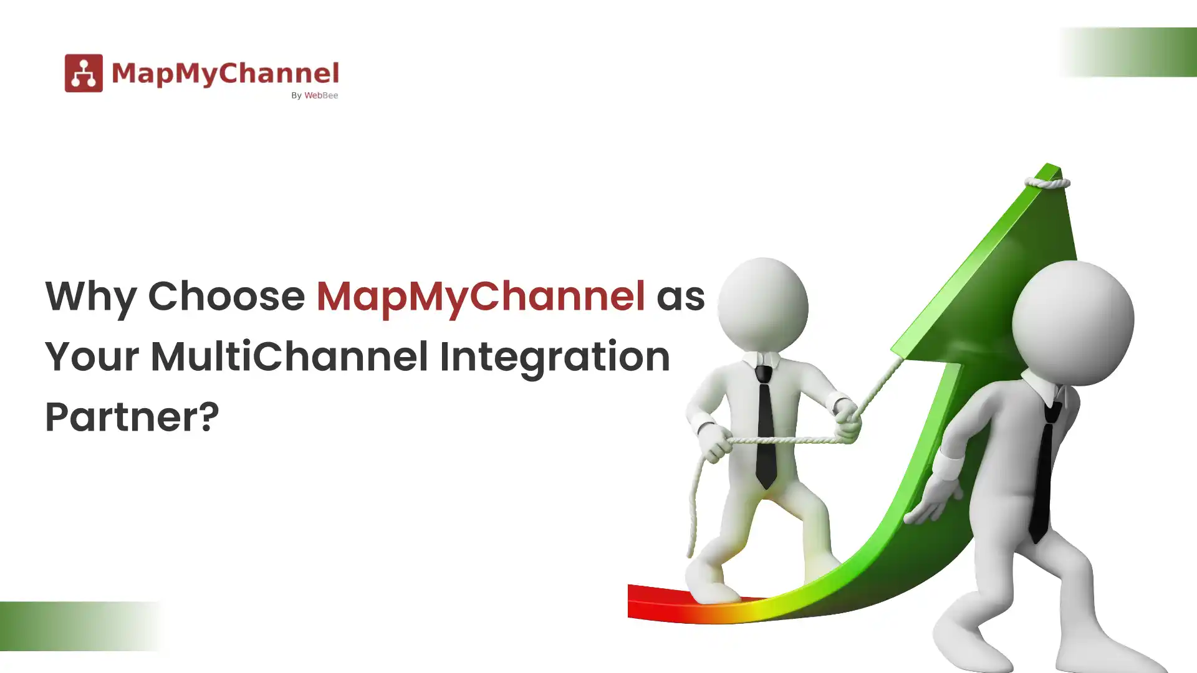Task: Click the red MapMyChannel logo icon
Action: click(x=84, y=73)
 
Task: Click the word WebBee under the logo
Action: click(x=321, y=95)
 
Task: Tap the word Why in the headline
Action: click(x=90, y=296)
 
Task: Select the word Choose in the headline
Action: click(x=226, y=296)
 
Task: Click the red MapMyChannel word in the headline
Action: click(x=480, y=296)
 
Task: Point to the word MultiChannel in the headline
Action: click(x=289, y=356)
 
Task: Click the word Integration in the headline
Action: click(x=555, y=356)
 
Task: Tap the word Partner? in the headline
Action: click(x=132, y=417)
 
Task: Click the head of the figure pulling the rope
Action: click(x=762, y=305)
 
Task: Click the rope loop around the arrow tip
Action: click(x=1047, y=183)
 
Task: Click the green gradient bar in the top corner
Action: click(x=1128, y=52)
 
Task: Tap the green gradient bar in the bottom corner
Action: click(x=75, y=626)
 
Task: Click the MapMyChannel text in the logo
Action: click(x=225, y=73)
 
